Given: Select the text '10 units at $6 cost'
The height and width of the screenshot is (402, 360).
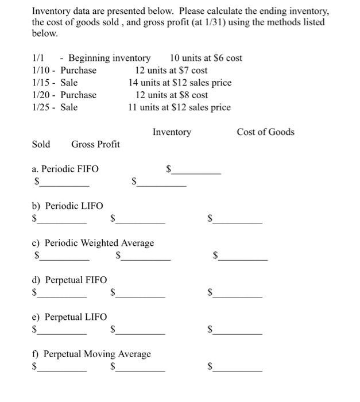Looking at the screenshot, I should (x=206, y=58).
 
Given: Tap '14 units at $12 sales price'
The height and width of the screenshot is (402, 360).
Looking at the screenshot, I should (x=180, y=83).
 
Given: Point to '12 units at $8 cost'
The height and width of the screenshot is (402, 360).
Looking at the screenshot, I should (x=171, y=95).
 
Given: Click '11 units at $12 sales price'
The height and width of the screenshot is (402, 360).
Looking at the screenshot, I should (x=179, y=107).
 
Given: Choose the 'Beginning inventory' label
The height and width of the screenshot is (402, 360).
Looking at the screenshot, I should (x=109, y=58).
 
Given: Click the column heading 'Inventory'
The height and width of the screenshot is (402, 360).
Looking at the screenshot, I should (x=172, y=132).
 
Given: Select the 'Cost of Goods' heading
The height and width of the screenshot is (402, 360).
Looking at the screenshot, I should (x=265, y=132).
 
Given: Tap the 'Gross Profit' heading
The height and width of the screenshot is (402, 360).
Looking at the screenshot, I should (x=95, y=144).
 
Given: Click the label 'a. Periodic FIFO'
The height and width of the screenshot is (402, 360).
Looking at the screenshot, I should (x=65, y=169).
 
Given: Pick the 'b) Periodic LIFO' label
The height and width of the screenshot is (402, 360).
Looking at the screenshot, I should (x=67, y=206).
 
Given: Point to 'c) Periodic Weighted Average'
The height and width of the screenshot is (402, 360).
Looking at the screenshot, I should (x=92, y=243).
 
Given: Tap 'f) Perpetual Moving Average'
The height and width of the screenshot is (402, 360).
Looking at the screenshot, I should (x=91, y=354).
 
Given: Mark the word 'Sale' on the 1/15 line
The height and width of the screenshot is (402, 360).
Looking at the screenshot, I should (x=69, y=83).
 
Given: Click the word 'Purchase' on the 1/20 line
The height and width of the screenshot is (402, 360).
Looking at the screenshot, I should (x=79, y=95).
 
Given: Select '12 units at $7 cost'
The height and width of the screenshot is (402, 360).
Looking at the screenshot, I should (x=171, y=71).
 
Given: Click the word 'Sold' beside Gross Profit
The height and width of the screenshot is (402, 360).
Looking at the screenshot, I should (x=41, y=144).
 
